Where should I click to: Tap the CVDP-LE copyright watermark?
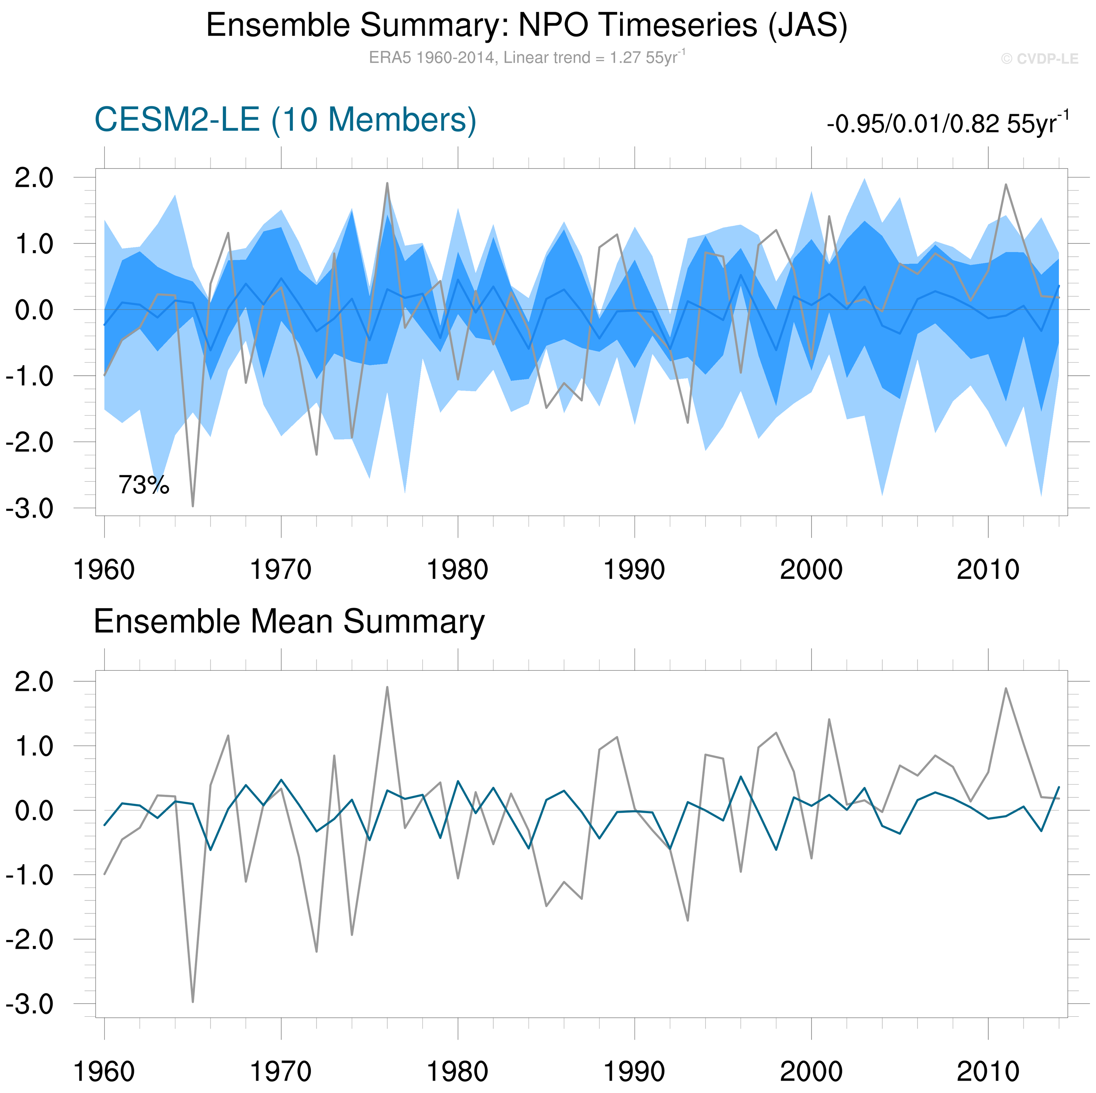tap(1039, 59)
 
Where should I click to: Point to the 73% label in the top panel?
tap(143, 485)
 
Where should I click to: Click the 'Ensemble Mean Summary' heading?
tap(289, 621)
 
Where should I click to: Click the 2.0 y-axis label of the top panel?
tap(34, 178)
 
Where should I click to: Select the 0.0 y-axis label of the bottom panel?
tap(34, 811)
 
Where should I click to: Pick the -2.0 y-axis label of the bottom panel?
tap(29, 940)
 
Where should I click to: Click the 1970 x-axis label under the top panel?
tap(281, 570)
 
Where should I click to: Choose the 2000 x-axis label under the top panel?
tap(811, 570)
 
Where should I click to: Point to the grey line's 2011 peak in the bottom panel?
tap(1006, 688)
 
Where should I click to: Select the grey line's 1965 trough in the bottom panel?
tap(193, 1001)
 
